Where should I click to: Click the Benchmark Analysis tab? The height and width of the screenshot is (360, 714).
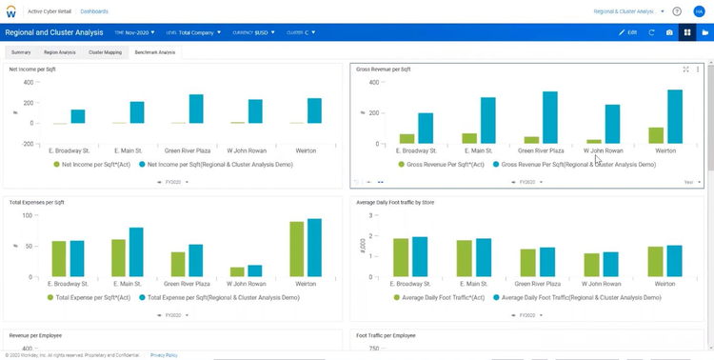point(154,52)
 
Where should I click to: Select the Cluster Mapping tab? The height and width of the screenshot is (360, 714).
point(105,52)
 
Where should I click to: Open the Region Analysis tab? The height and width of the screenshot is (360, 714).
point(60,52)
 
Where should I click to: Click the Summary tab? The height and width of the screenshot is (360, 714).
point(21,52)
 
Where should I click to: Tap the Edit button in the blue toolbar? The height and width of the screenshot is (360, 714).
point(627,32)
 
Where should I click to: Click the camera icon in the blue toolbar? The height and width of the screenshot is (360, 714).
point(669,32)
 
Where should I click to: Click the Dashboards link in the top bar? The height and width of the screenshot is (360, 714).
point(93,11)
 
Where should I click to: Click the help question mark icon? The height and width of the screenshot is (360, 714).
point(677,11)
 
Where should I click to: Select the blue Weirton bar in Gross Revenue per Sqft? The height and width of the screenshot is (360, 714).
point(675,116)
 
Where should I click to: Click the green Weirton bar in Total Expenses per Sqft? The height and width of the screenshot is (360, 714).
point(296,249)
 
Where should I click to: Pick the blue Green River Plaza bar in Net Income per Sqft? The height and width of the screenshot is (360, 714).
point(196,109)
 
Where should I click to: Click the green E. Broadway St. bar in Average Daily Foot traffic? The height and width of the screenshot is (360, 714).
point(402,257)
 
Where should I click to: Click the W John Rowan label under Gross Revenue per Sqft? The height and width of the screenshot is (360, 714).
point(603,150)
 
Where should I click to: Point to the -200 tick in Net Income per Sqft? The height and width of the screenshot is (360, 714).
point(27,144)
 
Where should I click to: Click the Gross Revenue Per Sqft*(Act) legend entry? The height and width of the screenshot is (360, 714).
point(441,164)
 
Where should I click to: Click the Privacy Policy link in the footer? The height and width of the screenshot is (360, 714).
point(164,354)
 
